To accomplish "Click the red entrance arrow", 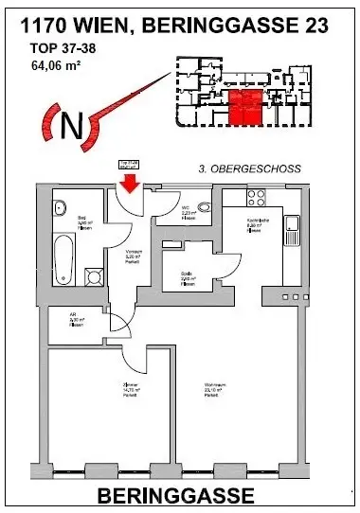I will [x=128, y=178].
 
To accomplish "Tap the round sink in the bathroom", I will [x=60, y=208].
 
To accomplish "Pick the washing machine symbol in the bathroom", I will [x=95, y=278].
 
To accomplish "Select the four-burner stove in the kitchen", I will [x=256, y=199].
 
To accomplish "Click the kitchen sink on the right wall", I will [x=294, y=226].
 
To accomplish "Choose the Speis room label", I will [x=188, y=279].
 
